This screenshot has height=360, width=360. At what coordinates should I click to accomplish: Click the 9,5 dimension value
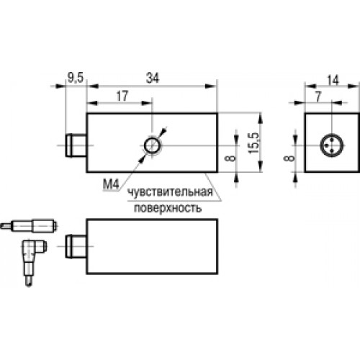click(76, 78)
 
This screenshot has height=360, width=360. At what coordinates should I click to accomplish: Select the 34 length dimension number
click(153, 78)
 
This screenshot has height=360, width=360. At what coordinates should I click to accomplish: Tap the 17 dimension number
click(122, 96)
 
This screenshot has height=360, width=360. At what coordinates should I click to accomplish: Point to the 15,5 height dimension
click(254, 143)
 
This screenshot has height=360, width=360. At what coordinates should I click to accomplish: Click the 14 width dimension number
click(333, 80)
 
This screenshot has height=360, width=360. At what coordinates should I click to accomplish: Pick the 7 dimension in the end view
click(318, 96)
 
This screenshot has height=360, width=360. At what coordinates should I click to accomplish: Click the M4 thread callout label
click(111, 184)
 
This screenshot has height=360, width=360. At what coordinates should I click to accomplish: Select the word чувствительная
click(170, 192)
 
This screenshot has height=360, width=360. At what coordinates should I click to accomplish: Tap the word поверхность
click(168, 208)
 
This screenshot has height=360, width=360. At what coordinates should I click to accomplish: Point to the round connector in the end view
click(331, 145)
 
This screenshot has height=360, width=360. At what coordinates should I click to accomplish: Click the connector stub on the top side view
click(76, 145)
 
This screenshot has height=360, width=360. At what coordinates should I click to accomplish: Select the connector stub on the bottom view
click(76, 246)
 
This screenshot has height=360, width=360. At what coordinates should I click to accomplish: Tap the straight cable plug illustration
click(29, 226)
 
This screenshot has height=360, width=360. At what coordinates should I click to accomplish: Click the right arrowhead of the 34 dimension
click(212, 86)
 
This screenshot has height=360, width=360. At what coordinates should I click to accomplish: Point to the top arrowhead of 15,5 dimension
click(261, 118)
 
